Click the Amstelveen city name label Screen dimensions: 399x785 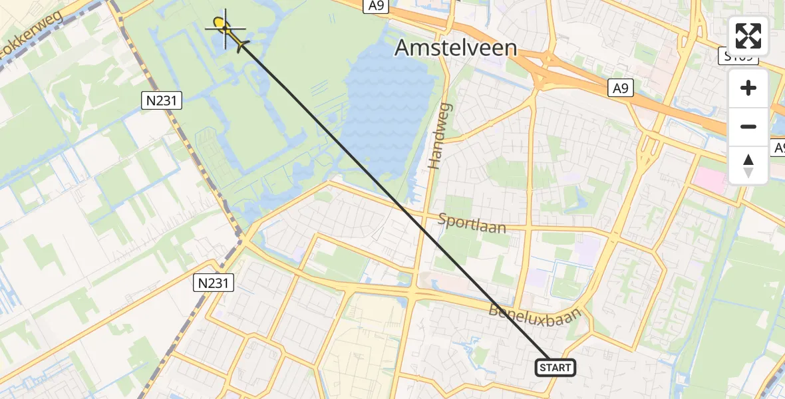456,47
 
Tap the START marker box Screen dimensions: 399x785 555,368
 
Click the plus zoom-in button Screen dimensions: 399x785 748,88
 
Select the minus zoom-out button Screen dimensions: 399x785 748,126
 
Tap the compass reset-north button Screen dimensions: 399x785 748,165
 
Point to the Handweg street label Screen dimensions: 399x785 440,136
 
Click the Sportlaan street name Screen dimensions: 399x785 472,223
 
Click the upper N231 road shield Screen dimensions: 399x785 162,101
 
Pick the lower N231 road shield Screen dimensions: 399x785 214,283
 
